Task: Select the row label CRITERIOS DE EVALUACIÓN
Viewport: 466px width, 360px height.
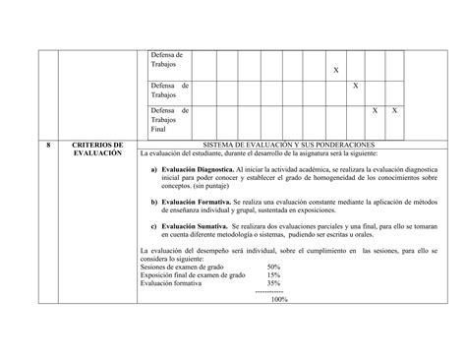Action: coord(97,150)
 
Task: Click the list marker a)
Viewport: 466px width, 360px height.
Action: coord(154,169)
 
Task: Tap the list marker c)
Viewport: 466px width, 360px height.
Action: coord(154,225)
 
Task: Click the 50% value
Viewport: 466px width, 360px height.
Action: coord(273,267)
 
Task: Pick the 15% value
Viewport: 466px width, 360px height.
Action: coord(273,274)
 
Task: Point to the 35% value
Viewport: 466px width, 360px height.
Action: coord(273,282)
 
